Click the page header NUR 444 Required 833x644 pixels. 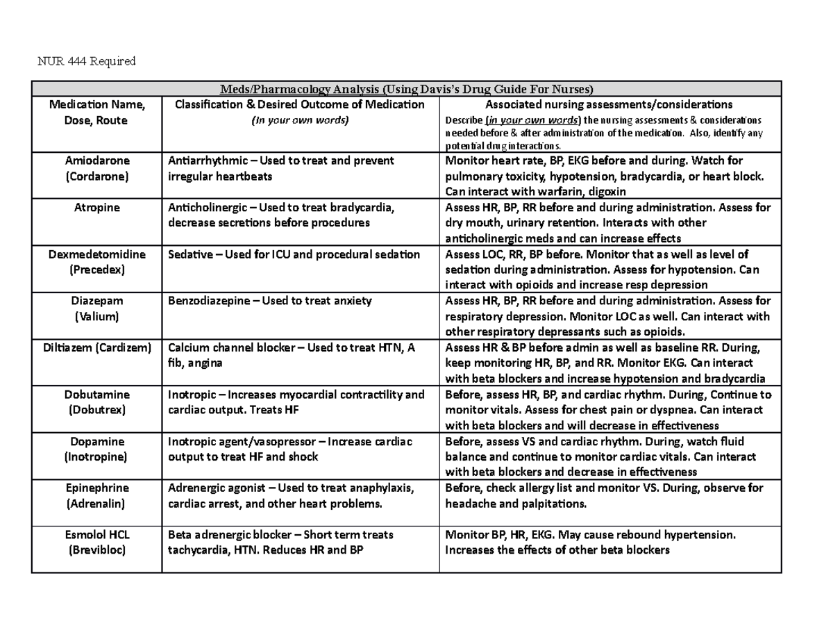pos(86,61)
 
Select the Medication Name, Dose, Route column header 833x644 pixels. pos(96,112)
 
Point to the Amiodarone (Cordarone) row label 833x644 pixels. pos(96,168)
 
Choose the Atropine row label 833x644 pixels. pos(96,208)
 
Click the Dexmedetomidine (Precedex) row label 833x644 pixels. pos(96,262)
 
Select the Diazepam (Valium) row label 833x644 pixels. pos(96,309)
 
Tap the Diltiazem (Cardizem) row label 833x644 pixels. pos(96,348)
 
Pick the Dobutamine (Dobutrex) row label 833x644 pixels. pos(96,402)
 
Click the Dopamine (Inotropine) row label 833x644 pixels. pos(96,449)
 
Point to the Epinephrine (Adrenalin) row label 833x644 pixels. pos(96,496)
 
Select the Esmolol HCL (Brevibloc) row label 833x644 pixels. pos(96,543)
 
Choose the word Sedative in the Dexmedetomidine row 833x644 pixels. pos(190,254)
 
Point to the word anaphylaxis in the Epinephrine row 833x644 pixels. pos(381,488)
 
